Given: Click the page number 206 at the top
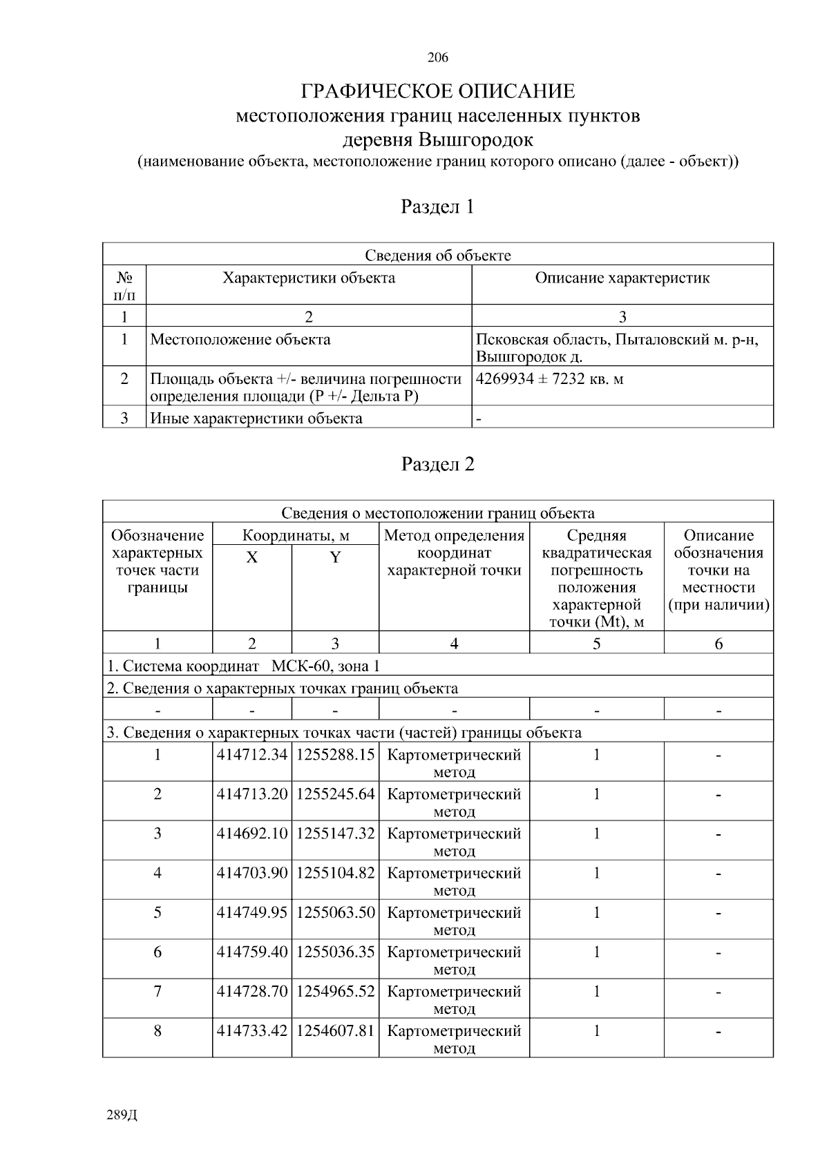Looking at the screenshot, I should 437,57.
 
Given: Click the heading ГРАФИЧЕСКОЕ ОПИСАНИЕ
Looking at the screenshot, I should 437,92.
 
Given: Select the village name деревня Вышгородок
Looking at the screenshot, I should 438,140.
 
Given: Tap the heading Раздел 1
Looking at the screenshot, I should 437,206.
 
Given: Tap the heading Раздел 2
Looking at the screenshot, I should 437,464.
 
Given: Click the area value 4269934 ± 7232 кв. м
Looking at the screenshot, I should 550,379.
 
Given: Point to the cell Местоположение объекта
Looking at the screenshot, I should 240,340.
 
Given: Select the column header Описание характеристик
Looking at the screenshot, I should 622,278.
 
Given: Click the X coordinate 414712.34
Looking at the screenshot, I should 251,755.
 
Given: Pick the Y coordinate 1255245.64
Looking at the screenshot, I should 335,794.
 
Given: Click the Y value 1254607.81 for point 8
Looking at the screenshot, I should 335,1031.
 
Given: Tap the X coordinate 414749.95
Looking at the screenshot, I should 251,912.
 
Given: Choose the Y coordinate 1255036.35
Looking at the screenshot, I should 335,952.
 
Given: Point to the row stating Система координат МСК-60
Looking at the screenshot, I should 243,666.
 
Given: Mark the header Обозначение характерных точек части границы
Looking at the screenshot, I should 158,561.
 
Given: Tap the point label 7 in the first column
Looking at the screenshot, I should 158,992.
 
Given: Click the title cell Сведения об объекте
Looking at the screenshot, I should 437,256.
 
